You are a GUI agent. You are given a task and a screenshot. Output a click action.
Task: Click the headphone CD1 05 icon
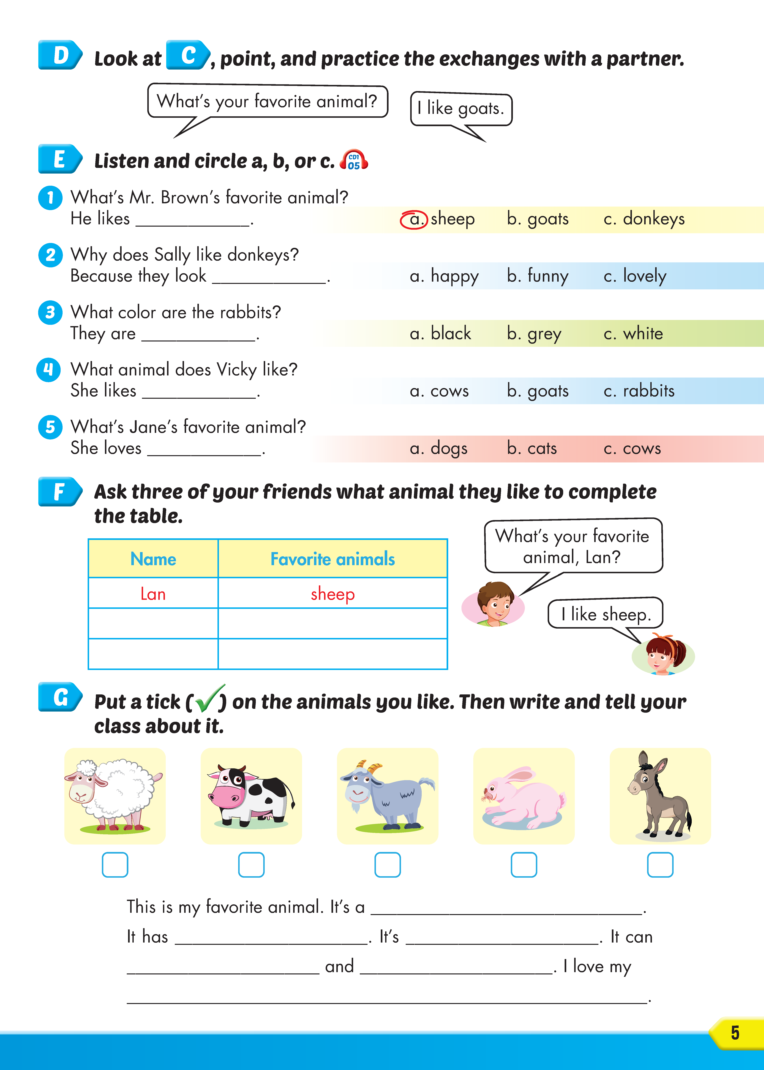pos(354,160)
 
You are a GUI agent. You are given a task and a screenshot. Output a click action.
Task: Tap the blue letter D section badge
pos(60,55)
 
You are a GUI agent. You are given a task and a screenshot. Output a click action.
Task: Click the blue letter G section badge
pos(60,697)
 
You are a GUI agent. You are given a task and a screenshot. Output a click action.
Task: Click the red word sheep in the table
pos(333,594)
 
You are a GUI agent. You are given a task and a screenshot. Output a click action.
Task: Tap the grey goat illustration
pos(387,795)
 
